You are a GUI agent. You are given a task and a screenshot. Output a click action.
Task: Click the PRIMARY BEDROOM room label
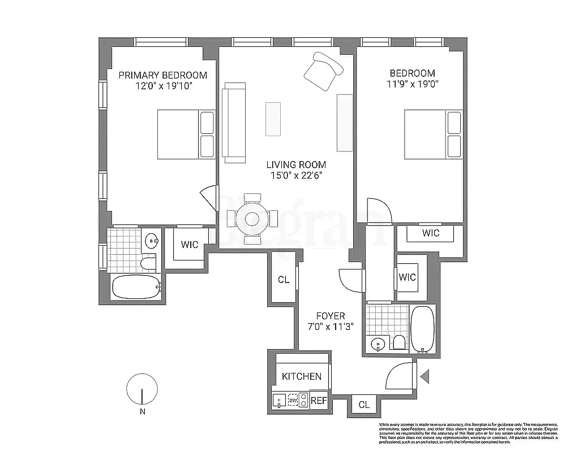[162, 75]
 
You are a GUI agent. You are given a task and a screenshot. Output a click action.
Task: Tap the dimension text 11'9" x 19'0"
[412, 84]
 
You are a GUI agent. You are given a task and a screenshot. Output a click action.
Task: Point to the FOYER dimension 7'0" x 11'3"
[331, 326]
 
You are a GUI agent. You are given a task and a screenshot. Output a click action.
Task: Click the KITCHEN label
[302, 376]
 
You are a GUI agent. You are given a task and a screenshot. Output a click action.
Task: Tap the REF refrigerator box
[319, 401]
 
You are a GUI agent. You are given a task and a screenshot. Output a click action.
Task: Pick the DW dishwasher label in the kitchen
[293, 401]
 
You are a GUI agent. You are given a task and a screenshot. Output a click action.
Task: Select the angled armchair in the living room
[323, 72]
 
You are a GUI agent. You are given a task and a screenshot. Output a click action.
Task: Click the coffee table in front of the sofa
[273, 118]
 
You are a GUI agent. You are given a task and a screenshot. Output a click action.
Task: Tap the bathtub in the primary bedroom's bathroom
[135, 287]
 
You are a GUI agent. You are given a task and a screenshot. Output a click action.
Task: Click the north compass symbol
[141, 390]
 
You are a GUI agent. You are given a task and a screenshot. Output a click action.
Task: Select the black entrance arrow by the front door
[425, 374]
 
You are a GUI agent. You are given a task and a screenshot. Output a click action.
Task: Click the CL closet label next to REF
[364, 405]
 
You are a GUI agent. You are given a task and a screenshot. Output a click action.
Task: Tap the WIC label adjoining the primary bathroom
[190, 245]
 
